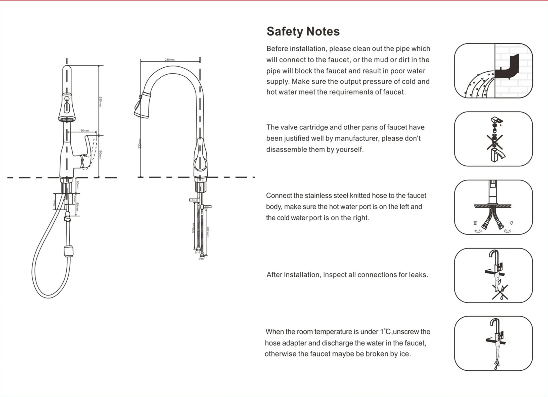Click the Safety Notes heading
click(x=303, y=32)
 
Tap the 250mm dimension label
click(x=100, y=102)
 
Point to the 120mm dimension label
click(x=84, y=130)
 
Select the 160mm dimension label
click(x=100, y=154)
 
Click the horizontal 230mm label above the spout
click(x=169, y=60)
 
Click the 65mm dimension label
click(x=78, y=185)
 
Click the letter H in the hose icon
click(x=475, y=223)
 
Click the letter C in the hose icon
click(x=511, y=223)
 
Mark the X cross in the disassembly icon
click(x=494, y=142)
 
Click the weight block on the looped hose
click(x=69, y=251)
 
